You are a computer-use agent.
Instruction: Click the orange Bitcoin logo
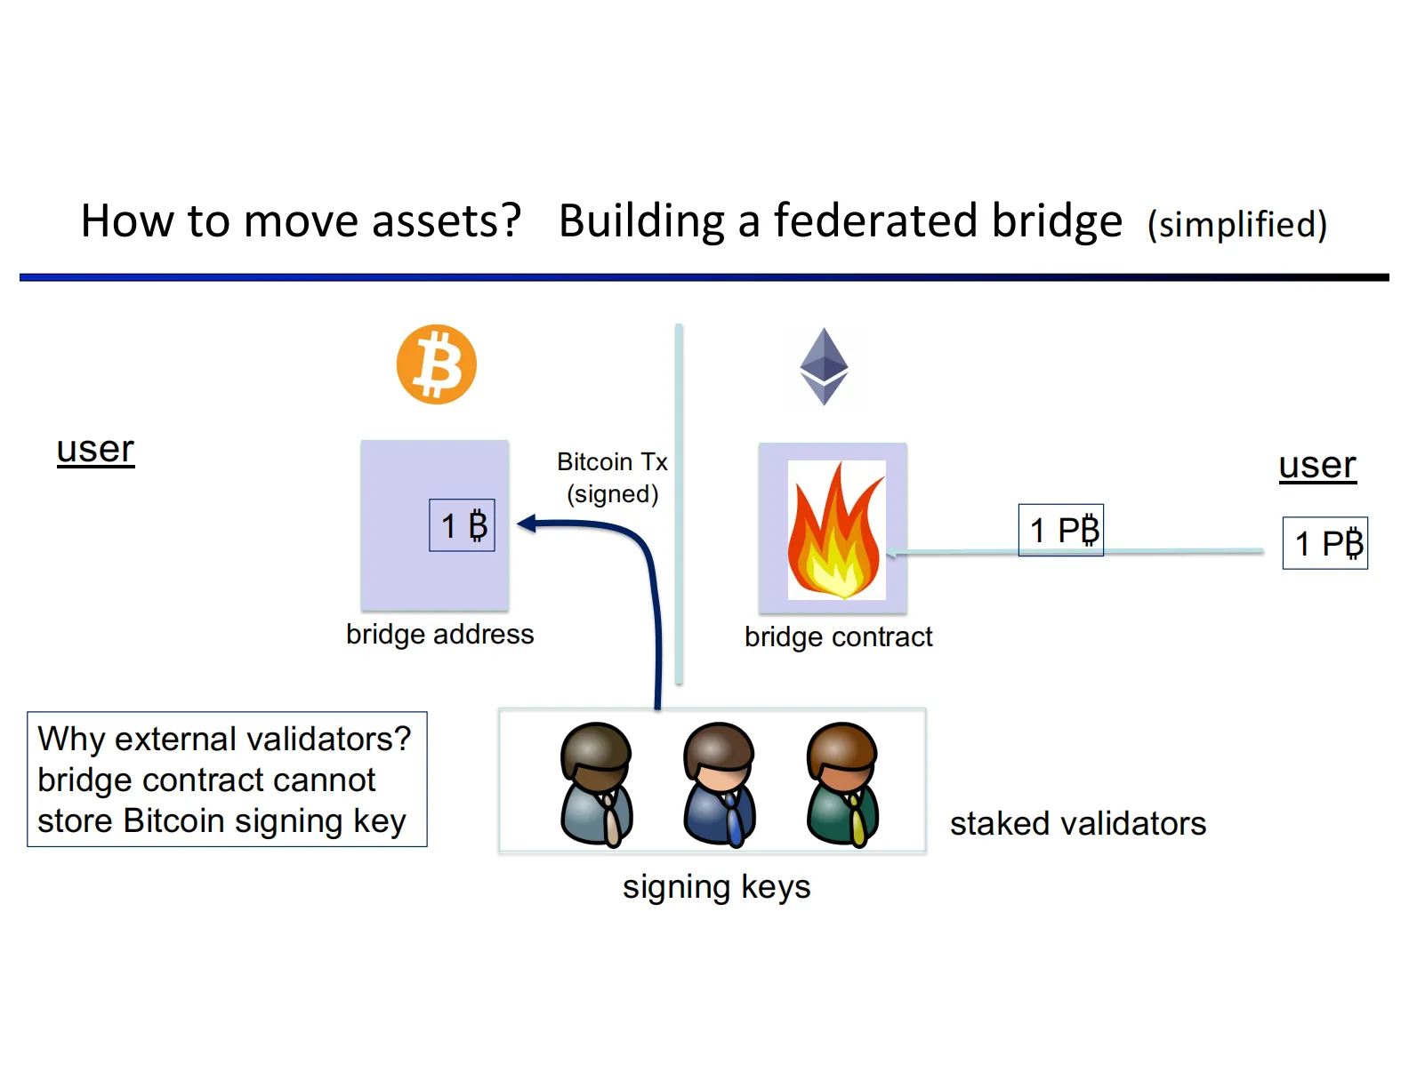tap(436, 364)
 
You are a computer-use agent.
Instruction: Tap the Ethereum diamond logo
tap(824, 366)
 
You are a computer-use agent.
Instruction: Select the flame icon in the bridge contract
tap(836, 531)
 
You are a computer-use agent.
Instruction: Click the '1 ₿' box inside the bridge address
tap(462, 525)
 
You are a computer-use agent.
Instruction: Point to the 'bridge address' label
tap(439, 635)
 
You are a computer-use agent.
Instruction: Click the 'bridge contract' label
tap(838, 637)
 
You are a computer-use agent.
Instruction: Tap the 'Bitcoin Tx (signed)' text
tap(612, 478)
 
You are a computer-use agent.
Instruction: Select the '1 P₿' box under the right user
tap(1324, 543)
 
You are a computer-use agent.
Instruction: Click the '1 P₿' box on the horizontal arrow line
tap(1060, 531)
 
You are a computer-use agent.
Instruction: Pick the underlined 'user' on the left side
tap(95, 450)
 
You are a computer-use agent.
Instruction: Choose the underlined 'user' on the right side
tap(1316, 466)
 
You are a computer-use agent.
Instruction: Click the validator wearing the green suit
tap(842, 783)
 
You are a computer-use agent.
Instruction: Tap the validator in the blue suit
tap(719, 783)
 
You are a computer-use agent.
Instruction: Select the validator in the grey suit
tap(596, 783)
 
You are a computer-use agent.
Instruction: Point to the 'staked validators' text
tap(1077, 824)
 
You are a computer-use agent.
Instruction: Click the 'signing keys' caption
tap(716, 887)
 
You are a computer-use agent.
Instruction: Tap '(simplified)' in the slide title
tap(1236, 225)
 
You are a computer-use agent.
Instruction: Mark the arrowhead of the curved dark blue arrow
tap(526, 524)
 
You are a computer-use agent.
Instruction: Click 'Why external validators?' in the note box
tap(224, 740)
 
